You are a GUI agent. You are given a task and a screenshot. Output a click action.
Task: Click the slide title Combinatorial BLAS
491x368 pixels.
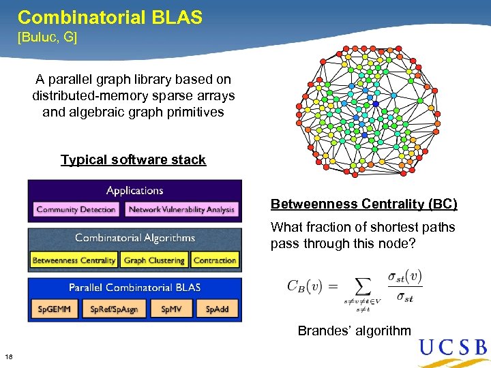110,17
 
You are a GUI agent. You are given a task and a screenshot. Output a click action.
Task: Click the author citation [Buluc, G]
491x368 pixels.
47,37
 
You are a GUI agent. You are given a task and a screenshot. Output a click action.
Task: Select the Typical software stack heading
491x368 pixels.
133,159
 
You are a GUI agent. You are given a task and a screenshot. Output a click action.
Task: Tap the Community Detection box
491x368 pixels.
76,209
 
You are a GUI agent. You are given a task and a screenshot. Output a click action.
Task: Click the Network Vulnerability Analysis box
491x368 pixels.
181,209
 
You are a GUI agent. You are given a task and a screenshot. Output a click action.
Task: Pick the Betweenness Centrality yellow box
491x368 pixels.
74,260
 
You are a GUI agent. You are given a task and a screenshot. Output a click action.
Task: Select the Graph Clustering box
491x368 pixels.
154,260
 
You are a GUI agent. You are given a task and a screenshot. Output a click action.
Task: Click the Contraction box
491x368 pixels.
214,260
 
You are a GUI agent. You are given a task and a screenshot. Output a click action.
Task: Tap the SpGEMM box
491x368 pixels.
54,309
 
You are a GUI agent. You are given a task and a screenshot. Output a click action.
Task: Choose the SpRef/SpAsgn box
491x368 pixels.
114,309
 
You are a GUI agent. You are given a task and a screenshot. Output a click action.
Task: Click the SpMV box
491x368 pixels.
171,309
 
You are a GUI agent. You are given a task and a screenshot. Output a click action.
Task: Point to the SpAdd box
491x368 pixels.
217,309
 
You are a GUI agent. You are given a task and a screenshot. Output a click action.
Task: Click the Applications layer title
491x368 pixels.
134,191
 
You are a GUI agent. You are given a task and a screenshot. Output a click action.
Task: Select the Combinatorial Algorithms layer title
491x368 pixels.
134,238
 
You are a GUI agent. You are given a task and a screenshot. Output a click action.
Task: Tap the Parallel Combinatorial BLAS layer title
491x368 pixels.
134,288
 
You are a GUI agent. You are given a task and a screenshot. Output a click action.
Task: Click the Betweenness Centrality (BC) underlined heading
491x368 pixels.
363,204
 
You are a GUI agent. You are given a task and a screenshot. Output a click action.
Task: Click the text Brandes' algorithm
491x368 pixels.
354,331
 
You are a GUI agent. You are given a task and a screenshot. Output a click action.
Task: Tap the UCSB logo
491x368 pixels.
453,348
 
